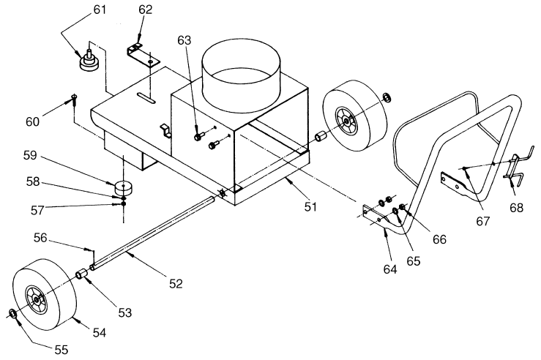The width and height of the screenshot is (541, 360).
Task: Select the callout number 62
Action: [x=146, y=10]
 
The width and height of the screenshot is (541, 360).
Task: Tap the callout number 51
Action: [x=310, y=207]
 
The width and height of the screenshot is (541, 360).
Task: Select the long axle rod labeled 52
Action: [x=154, y=227]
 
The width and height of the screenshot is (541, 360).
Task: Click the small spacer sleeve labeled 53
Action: [x=84, y=277]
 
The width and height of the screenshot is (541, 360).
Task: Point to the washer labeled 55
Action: [x=12, y=314]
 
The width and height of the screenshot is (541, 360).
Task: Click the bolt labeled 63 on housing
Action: [x=199, y=135]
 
